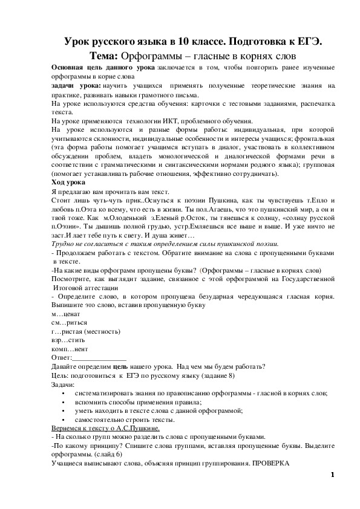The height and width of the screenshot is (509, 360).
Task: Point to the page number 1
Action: click(x=332, y=475)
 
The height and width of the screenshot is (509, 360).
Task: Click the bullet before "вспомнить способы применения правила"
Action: click(x=64, y=401)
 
